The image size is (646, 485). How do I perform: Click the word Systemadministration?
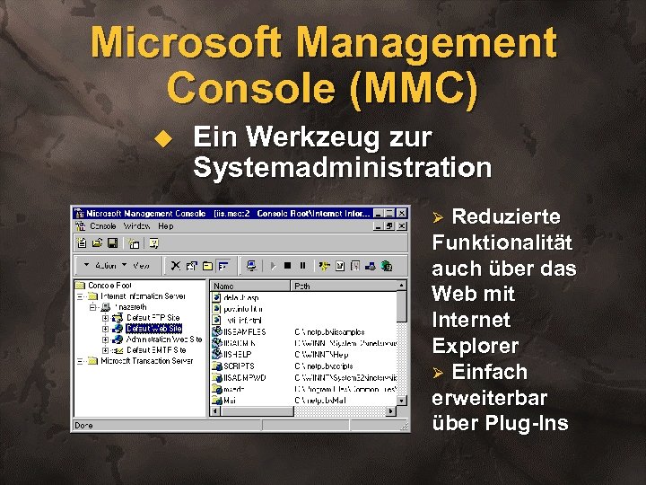tap(342, 167)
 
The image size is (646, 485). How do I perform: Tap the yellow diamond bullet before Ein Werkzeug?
tap(161, 139)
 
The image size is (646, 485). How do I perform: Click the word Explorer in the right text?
tap(476, 346)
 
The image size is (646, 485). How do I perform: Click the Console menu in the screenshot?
tap(103, 226)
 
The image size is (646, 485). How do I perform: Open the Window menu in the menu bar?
tap(137, 226)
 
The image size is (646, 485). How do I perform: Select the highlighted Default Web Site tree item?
tap(153, 329)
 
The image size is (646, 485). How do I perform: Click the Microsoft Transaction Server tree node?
tap(146, 361)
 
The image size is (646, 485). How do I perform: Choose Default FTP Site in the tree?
tap(153, 318)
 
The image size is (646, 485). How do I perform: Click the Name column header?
tap(224, 287)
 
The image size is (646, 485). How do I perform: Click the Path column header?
tap(302, 287)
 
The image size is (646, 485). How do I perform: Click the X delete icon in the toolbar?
tap(176, 266)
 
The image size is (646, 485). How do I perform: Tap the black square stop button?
tap(287, 266)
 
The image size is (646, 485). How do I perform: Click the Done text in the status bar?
tap(83, 425)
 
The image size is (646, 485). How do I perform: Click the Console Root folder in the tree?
tap(109, 286)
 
